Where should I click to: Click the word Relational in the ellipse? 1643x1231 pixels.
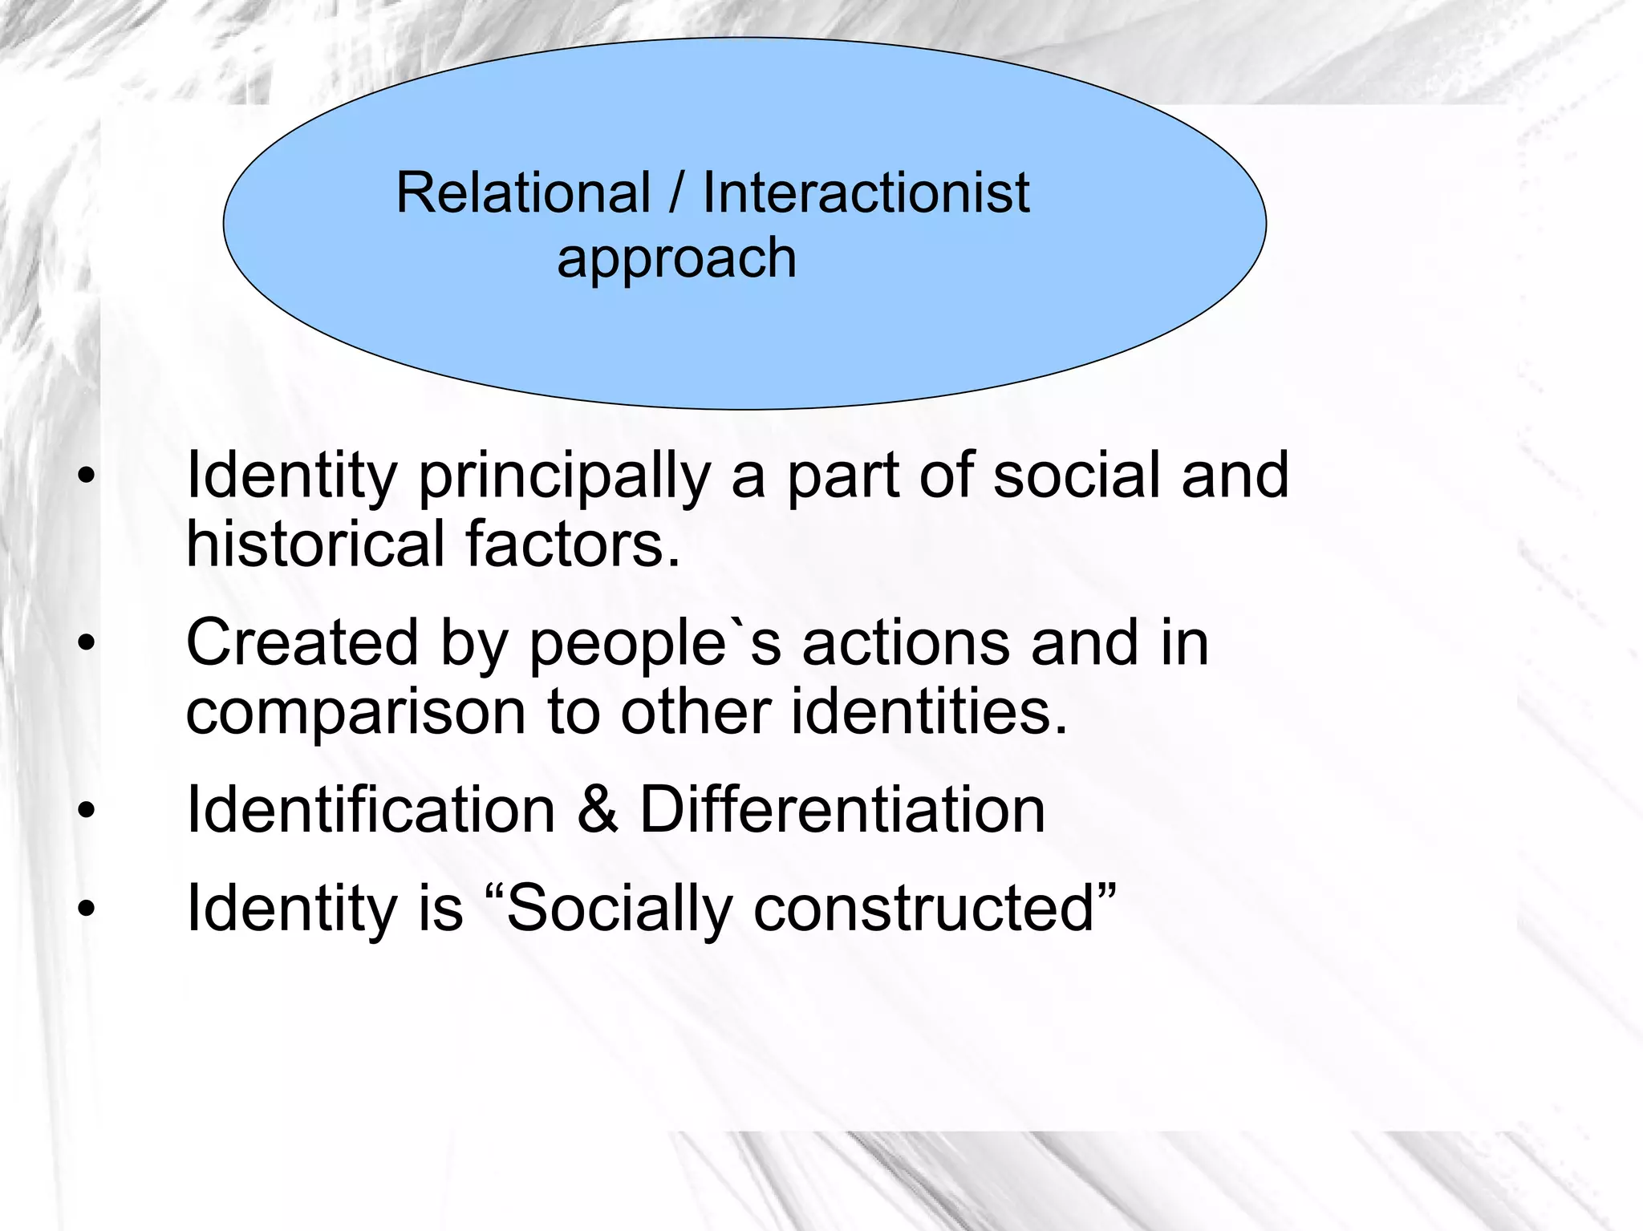pos(522,193)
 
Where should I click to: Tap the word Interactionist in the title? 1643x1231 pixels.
pos(866,193)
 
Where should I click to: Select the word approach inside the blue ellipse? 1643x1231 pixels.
pos(676,259)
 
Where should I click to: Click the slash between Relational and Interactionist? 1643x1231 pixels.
pos(676,193)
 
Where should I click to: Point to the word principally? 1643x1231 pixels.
pos(564,477)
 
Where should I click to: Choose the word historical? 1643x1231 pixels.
pos(315,544)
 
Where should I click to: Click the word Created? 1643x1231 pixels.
pos(302,642)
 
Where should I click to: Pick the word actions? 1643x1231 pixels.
pos(906,642)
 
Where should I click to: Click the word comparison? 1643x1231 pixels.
pos(355,712)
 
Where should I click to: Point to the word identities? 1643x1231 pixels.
pos(929,711)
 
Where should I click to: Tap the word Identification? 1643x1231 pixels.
pos(371,810)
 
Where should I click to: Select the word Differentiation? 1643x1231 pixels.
pos(842,810)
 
